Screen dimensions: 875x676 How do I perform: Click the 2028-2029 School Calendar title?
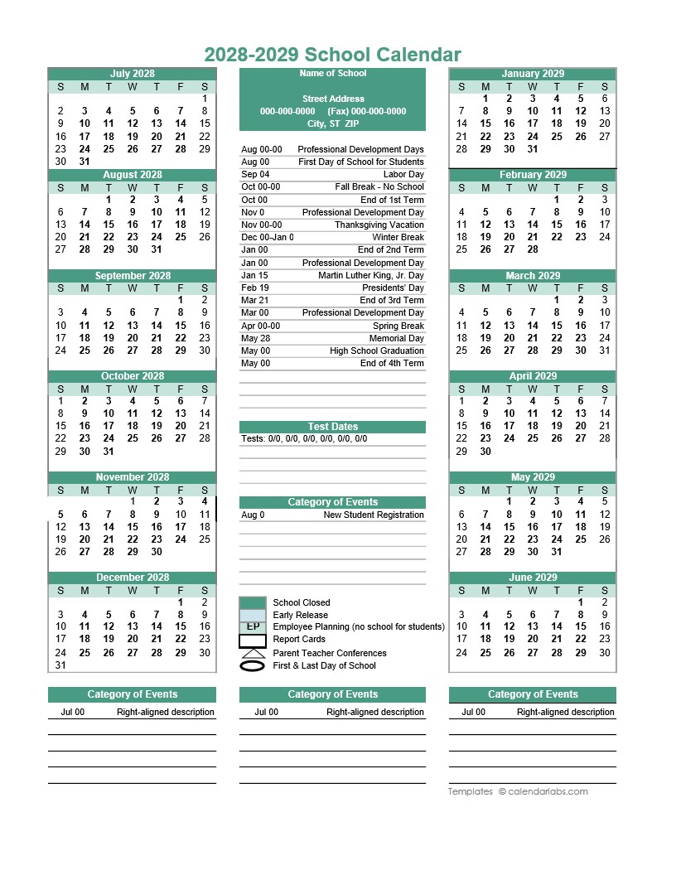(332, 55)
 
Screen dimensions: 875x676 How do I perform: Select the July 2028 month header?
(133, 74)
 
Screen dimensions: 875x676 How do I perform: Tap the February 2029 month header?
(533, 175)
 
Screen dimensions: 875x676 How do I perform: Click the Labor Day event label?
(403, 175)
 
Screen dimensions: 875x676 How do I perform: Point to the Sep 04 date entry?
(255, 175)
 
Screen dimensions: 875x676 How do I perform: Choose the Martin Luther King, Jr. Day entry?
(370, 275)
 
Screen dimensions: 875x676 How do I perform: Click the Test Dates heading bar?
(332, 427)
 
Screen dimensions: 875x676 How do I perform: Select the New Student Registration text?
(373, 515)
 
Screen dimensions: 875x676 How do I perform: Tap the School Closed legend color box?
(253, 602)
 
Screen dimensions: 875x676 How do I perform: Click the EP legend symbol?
(253, 626)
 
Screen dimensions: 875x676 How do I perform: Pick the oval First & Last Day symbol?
(253, 665)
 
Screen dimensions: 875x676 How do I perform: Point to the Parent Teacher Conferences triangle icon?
(253, 653)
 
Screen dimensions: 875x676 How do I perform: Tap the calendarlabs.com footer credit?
(518, 791)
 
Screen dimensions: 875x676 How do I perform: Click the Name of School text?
(332, 74)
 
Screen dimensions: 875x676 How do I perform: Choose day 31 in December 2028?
(60, 665)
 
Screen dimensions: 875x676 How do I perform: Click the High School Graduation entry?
(376, 350)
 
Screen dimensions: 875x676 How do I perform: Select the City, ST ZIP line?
(332, 123)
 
